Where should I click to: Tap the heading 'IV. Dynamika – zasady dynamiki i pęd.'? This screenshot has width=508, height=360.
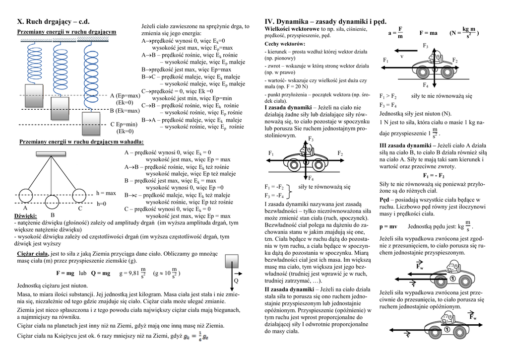coord(325,21)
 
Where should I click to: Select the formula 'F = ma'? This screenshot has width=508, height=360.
coord(428,33)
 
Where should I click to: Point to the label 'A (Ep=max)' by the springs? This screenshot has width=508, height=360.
coord(125,95)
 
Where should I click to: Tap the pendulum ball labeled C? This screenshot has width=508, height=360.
coord(80,196)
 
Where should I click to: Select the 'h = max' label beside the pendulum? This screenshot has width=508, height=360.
coord(106,193)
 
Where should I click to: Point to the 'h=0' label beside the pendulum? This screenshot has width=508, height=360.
coord(101,204)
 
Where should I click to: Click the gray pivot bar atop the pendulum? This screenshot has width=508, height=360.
coord(53,153)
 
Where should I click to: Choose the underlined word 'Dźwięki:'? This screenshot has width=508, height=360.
coord(26,216)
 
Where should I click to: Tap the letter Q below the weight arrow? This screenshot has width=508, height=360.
coord(236,281)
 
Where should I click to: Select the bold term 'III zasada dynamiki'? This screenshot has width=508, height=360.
coord(403,145)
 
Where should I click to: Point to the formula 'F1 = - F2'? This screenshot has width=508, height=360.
coord(434,176)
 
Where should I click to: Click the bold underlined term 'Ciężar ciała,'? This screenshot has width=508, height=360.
coord(33,254)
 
